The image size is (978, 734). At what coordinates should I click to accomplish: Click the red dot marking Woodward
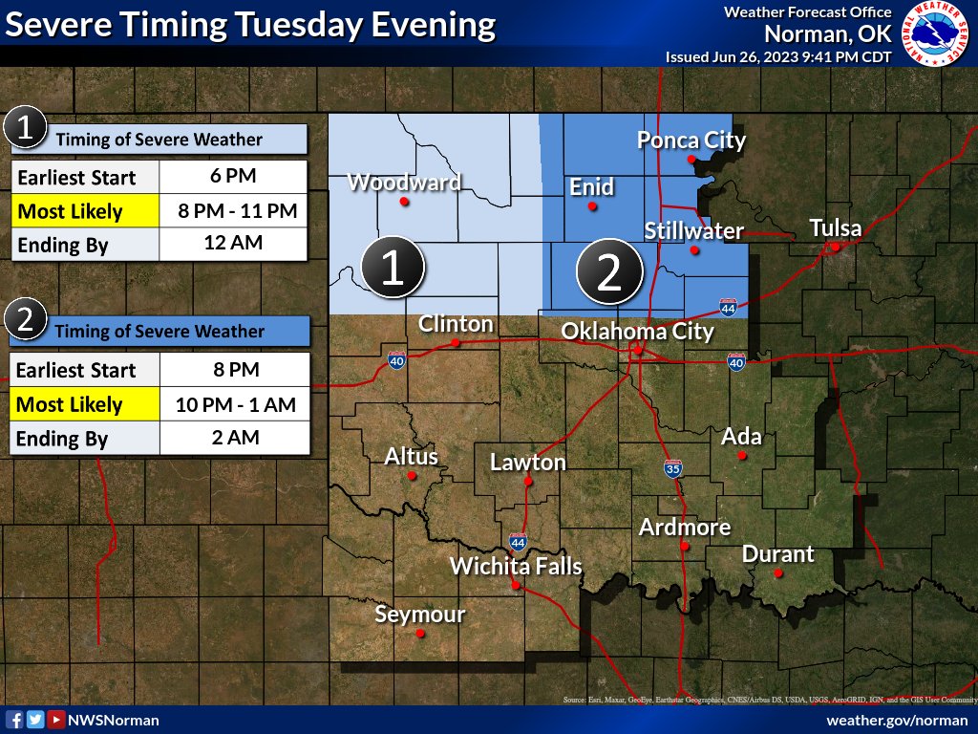point(405,202)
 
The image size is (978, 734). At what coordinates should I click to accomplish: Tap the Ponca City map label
point(691,141)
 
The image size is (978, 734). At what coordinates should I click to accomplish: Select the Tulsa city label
point(836,228)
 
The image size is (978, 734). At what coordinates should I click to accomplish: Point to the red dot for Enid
point(592,205)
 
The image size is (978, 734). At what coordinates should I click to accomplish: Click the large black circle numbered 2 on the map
point(608,273)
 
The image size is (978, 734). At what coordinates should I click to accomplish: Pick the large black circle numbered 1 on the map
point(393,270)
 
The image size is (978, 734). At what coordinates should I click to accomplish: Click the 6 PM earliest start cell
point(232,177)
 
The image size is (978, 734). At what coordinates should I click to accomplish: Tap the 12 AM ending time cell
point(232,244)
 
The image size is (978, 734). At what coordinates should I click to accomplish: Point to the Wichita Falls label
point(516,566)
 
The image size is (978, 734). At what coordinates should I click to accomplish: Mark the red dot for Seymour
point(420,633)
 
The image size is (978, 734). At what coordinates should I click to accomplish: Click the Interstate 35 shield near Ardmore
point(673,469)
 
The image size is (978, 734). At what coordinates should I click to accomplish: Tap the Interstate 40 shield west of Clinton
point(397,360)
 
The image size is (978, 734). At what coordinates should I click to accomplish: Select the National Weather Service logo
point(935,35)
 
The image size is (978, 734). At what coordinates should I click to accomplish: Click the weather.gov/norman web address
point(897,720)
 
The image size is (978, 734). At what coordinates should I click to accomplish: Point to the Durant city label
point(778,554)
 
